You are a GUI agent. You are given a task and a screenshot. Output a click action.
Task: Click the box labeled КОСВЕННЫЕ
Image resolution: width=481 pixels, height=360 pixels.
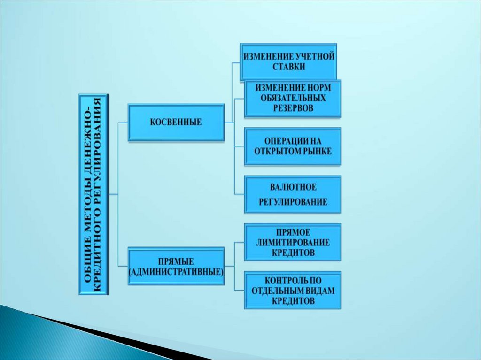coord(176,122)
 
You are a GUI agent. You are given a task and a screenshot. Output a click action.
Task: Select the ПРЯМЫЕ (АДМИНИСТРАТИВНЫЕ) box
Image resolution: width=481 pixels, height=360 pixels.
coord(176,266)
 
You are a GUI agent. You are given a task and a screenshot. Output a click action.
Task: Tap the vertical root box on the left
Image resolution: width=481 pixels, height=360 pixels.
coord(93,194)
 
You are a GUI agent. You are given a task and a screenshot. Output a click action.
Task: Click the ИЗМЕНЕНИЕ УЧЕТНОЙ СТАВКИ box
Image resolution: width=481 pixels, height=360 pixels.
coord(288,61)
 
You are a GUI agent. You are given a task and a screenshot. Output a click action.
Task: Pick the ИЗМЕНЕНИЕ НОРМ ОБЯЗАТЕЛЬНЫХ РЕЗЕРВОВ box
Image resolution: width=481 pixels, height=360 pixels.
coord(292,98)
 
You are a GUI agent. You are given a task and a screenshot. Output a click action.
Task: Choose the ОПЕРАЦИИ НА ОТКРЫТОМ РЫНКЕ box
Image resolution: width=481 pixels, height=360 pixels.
coord(292,146)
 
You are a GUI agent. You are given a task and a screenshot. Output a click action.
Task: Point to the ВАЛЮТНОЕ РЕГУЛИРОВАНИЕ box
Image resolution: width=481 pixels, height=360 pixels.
coord(292,194)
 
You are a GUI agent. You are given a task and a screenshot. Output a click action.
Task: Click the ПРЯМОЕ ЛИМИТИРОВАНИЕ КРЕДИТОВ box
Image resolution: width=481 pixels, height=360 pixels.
coord(292,242)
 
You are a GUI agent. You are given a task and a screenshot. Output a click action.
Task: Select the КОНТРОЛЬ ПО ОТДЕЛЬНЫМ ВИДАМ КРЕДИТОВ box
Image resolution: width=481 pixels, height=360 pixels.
coord(292,290)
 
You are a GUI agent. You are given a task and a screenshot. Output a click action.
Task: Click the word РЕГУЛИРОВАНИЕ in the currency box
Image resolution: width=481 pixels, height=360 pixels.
coord(293,202)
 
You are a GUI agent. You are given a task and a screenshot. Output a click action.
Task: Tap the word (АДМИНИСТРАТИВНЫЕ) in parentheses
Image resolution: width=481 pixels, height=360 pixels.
coord(176,271)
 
